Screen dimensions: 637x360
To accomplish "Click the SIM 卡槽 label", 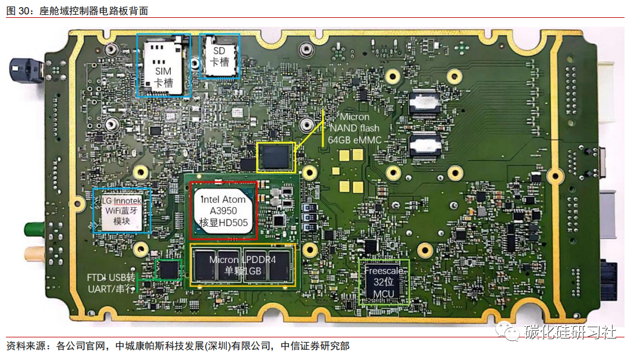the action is pyautogui.click(x=163, y=77).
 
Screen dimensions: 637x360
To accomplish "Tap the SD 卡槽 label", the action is pyautogui.click(x=219, y=57).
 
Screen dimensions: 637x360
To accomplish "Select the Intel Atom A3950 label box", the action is pyautogui.click(x=224, y=211).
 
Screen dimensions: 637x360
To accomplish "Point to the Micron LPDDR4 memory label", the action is pyautogui.click(x=241, y=265).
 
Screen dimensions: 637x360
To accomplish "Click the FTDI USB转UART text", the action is pyautogui.click(x=111, y=283).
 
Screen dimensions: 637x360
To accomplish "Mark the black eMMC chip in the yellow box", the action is pyautogui.click(x=275, y=157).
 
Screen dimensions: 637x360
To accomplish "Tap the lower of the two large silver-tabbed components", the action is pyautogui.click(x=425, y=145).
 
